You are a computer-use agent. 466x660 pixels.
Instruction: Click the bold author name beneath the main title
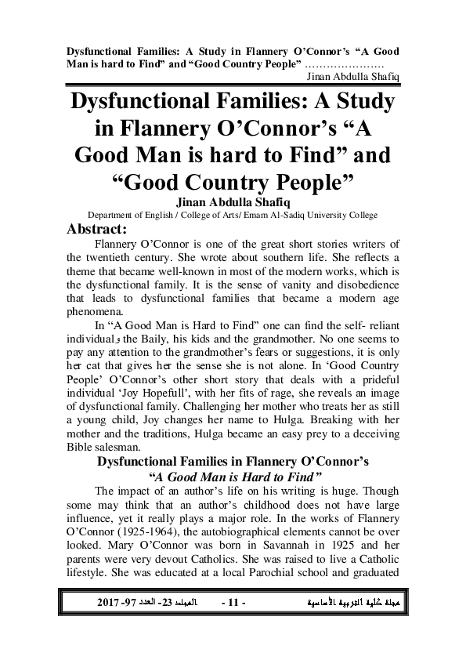(233, 201)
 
